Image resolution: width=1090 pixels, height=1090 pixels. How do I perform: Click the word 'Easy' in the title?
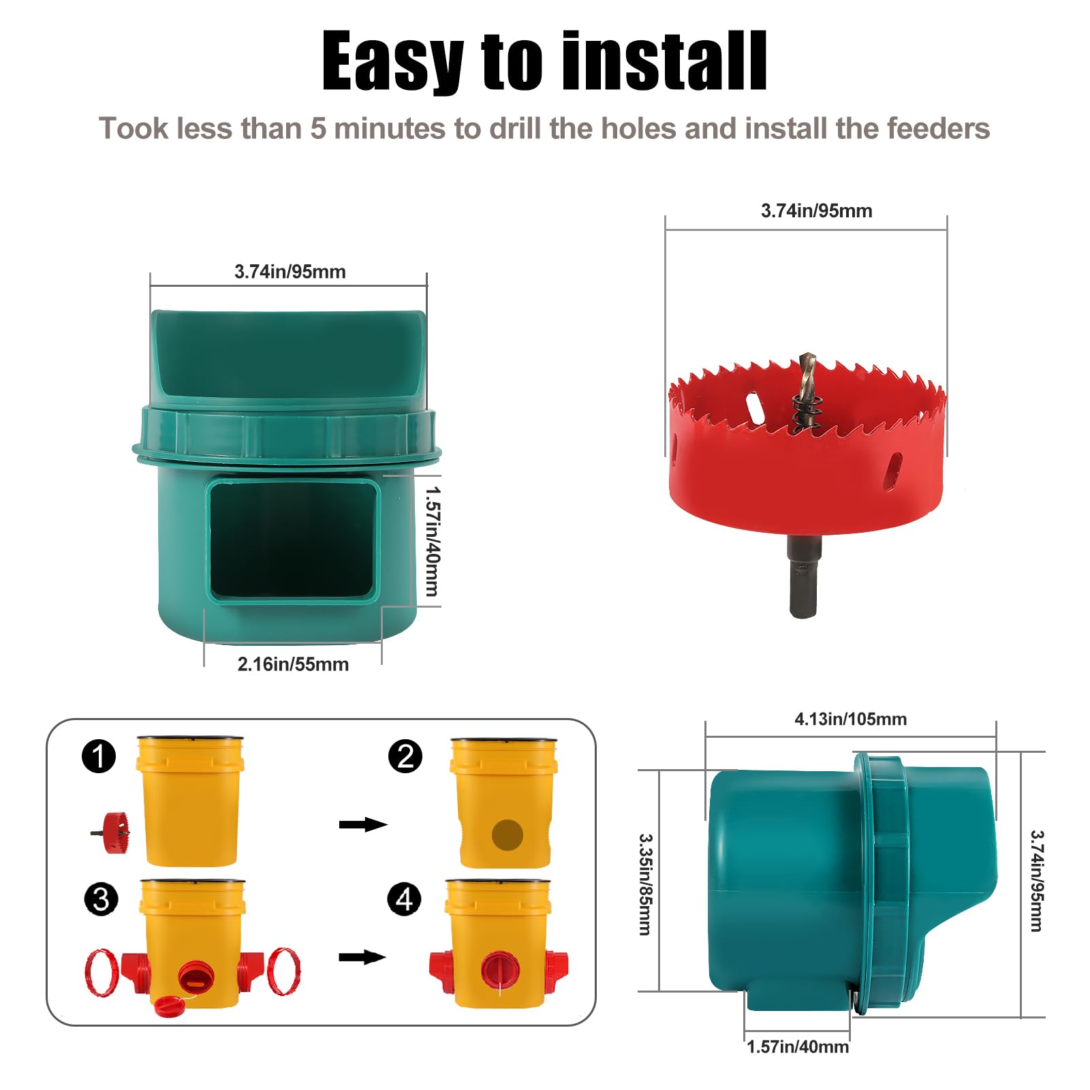[393, 61]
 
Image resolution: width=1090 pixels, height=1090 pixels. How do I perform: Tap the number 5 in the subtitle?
[318, 129]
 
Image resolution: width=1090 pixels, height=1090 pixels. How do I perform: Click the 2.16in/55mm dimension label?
[293, 664]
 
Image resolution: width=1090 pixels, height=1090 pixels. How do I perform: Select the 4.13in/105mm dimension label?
[850, 719]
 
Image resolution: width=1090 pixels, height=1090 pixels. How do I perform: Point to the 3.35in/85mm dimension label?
[645, 884]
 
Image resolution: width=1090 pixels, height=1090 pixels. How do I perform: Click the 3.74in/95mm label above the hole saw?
[816, 211]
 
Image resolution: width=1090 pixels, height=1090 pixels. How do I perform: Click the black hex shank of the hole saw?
[804, 576]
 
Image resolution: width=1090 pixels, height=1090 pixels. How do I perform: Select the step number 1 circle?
[99, 756]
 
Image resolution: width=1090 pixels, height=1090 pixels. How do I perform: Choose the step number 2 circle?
[405, 756]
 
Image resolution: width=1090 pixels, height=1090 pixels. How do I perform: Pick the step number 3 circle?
[101, 899]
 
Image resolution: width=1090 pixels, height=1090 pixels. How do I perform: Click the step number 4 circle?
[404, 899]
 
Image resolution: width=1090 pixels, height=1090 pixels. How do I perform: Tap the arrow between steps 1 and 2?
[363, 824]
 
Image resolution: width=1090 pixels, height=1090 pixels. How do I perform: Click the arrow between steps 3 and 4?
[362, 957]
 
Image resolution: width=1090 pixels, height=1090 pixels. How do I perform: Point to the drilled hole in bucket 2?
[508, 835]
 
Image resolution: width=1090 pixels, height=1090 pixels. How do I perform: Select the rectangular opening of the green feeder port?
[293, 540]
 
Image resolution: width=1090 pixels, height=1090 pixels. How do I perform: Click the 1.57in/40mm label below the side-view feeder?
[798, 1047]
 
